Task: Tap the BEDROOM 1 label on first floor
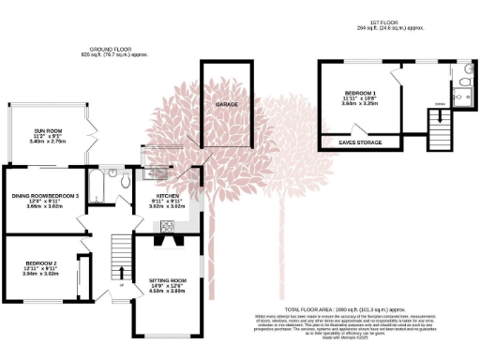pos(359,94)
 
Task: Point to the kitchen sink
pos(150,174)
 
